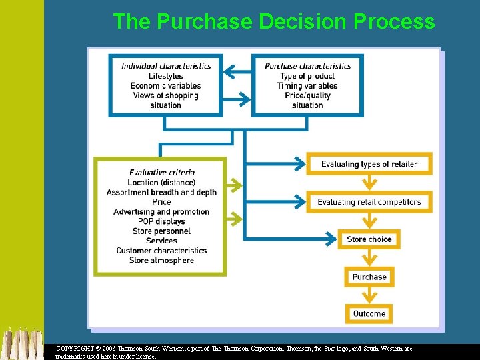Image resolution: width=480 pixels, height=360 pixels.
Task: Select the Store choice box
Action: (369, 239)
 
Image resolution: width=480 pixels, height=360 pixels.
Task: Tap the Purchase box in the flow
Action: (369, 277)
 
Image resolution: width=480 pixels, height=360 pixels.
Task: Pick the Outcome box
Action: (369, 313)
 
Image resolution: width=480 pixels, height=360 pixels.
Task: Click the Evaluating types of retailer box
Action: (369, 164)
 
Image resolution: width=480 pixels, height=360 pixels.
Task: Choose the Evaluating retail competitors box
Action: (369, 202)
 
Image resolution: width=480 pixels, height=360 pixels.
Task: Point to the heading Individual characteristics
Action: (166, 66)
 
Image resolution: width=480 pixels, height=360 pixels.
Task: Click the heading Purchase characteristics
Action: (307, 66)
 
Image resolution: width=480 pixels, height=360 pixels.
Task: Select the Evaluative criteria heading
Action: (161, 173)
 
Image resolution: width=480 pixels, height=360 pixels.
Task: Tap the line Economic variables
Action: (166, 86)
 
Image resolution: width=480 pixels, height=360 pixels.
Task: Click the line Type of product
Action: (307, 76)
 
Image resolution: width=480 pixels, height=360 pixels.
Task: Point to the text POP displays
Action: (161, 221)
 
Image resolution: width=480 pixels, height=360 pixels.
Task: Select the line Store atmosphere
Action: (161, 260)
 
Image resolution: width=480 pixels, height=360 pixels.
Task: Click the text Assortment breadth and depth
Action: (161, 192)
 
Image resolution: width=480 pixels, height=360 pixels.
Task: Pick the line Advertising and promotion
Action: (161, 211)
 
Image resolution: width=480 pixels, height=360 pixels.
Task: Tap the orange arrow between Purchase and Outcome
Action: (369, 295)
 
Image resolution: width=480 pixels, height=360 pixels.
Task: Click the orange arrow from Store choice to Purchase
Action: (369, 258)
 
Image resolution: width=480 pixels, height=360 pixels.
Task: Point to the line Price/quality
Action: (307, 95)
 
